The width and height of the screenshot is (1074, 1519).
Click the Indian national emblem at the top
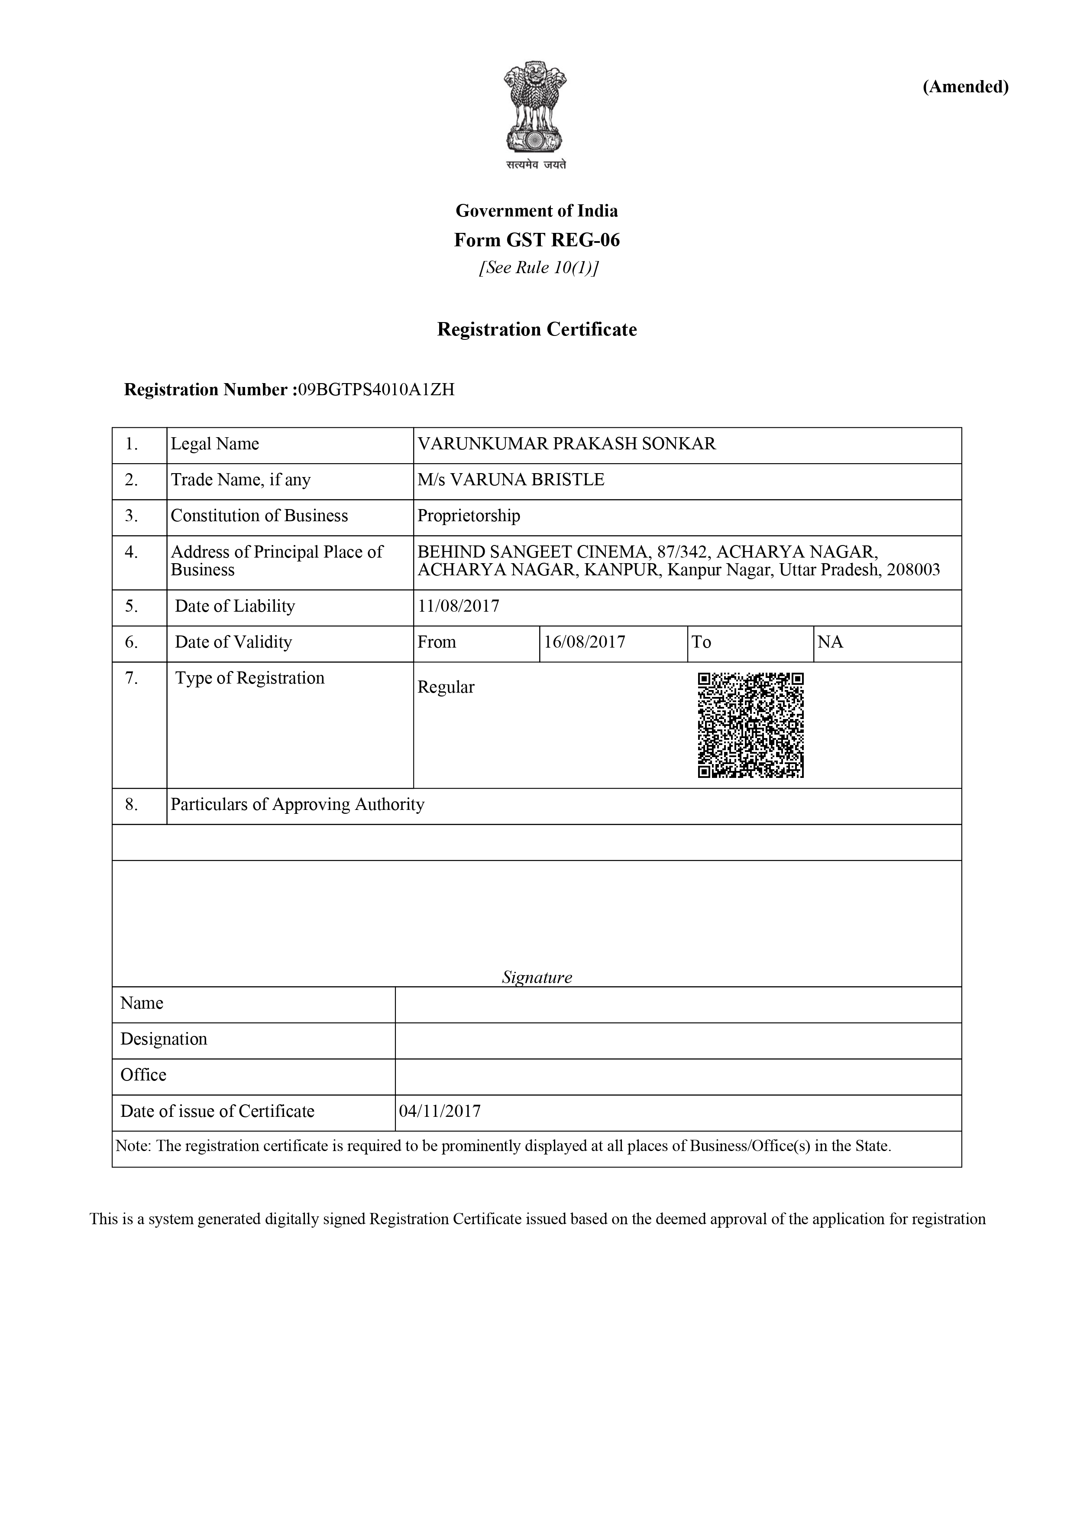click(x=536, y=109)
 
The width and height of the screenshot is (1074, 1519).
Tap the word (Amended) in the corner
click(x=965, y=87)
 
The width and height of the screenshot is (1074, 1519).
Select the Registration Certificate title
click(x=537, y=329)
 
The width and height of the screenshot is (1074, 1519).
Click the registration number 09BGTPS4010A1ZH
click(x=376, y=390)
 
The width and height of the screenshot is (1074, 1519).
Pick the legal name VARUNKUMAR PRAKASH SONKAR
click(x=566, y=444)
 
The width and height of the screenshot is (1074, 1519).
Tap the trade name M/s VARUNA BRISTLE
click(x=511, y=480)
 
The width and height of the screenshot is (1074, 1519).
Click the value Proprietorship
click(x=469, y=516)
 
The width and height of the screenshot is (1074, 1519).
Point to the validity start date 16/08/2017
click(x=584, y=642)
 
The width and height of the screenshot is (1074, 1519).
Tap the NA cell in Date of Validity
click(x=831, y=642)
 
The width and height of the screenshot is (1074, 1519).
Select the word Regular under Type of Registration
click(x=446, y=687)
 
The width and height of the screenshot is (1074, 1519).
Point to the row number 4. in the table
click(x=132, y=552)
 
